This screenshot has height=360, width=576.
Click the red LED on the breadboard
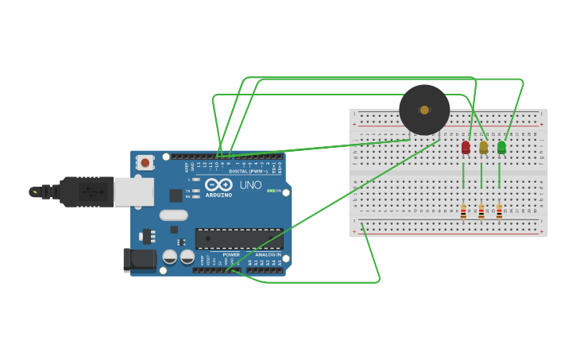pos(466,147)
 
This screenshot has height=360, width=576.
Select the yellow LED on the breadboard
pos(483,147)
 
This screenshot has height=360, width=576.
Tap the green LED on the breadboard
pos(501,147)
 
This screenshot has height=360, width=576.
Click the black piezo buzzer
pos(424,110)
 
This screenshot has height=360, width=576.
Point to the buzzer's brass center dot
pos(424,110)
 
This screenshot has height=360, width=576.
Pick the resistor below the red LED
pos(463,211)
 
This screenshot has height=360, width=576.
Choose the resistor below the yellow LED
pos(481,211)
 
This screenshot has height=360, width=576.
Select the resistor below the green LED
pos(499,211)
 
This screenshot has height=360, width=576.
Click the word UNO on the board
pos(250,184)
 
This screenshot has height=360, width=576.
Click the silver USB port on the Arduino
pos(133,192)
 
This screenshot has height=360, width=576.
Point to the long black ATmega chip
pos(239,238)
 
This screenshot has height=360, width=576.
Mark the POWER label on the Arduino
pos(231,254)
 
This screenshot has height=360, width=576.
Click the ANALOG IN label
pos(268,254)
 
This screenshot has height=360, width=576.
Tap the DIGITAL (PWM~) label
pos(247,171)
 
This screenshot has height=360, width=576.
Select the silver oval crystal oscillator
pos(173,215)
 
